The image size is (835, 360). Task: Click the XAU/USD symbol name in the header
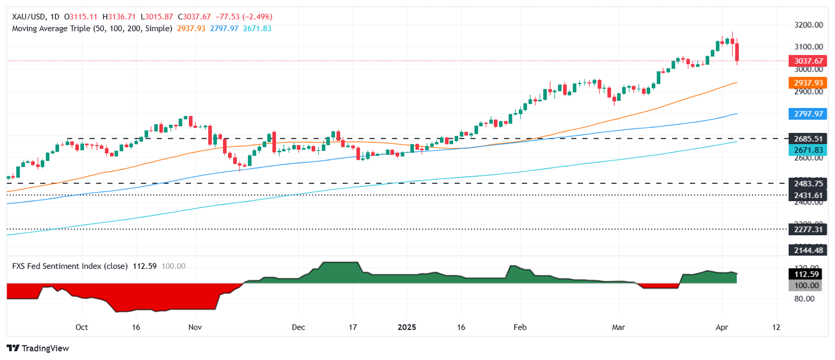[x=29, y=17]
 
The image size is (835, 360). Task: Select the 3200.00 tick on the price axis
[x=808, y=25]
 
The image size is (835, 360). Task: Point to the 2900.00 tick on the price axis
[x=808, y=92]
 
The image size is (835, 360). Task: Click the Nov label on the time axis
[x=195, y=327]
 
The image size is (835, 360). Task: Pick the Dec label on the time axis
[x=298, y=327]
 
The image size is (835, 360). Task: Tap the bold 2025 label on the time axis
[x=407, y=327]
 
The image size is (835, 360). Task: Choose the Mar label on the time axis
[x=618, y=327]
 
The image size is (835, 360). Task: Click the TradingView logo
[x=38, y=348]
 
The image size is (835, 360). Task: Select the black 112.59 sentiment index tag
[x=806, y=274]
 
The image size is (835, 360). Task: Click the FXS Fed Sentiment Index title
[x=69, y=266]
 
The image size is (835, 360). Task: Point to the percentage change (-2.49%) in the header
[x=257, y=17]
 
